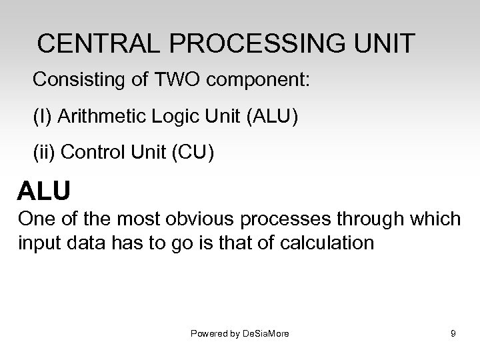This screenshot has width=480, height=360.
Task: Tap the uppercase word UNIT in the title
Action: [x=384, y=43]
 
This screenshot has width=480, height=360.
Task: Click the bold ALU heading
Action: [x=43, y=191]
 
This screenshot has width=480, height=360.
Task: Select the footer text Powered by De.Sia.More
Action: [x=240, y=333]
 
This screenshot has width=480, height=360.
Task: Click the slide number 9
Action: [x=453, y=333]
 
